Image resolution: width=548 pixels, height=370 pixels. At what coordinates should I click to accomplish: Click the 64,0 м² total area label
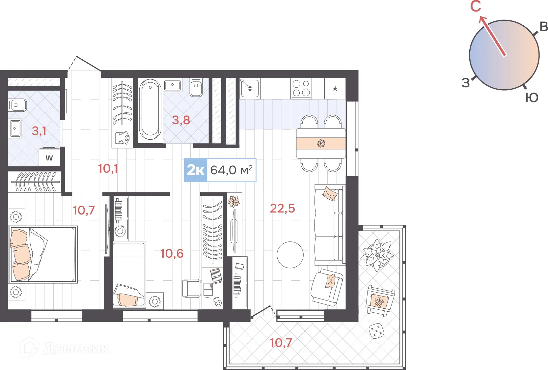231,170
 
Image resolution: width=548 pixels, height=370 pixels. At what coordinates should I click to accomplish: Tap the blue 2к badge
196,170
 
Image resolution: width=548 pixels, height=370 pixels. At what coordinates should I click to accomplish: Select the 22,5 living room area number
282,209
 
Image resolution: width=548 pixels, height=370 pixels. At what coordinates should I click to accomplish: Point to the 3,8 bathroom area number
181,120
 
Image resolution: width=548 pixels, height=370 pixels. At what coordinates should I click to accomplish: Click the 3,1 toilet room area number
39,131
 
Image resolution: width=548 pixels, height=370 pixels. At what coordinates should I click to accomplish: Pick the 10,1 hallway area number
108,169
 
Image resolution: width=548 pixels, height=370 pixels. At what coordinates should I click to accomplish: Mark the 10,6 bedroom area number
172,253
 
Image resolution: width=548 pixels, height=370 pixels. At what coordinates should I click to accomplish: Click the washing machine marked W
49,157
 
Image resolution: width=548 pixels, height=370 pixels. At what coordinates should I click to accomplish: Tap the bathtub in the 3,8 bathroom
150,111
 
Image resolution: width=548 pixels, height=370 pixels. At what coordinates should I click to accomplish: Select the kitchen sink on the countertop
250,88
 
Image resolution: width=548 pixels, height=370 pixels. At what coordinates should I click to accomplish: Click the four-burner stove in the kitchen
301,88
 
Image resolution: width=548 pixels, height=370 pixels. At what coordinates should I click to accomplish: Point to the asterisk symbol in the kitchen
335,89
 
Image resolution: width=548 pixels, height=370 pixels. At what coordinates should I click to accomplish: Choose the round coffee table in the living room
290,255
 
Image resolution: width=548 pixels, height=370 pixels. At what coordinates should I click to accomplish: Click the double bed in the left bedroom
43,254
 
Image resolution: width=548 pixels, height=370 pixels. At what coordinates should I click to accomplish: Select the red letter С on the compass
476,6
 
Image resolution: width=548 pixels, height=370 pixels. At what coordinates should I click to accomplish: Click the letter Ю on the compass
532,98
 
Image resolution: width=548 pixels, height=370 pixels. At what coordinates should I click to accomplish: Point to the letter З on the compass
466,83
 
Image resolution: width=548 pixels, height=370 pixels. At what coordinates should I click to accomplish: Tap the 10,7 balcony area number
281,343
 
